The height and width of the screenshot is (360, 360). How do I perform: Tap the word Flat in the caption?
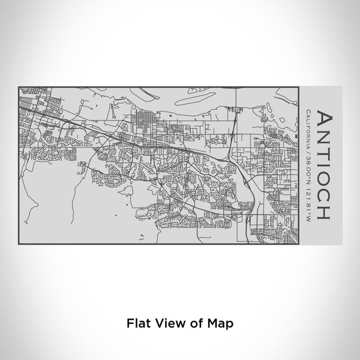pyautogui.click(x=137, y=323)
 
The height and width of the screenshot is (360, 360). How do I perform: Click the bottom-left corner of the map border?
pyautogui.click(x=19, y=244)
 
